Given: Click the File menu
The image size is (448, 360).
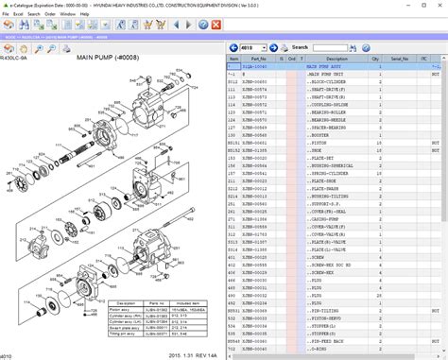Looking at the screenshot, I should [7, 14].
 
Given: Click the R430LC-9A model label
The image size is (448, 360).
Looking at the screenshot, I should [16, 58].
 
